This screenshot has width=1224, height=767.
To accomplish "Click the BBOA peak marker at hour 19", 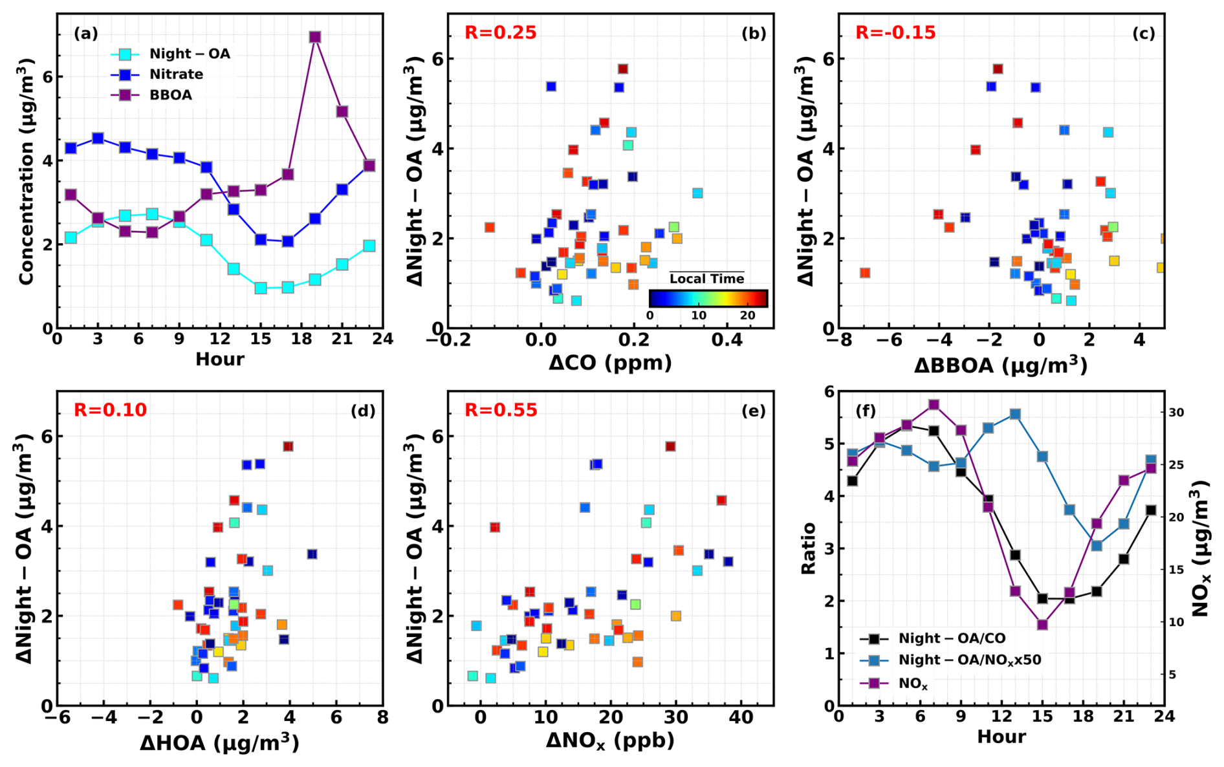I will tap(315, 37).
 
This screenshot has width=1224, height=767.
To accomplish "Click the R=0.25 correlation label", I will tap(500, 32).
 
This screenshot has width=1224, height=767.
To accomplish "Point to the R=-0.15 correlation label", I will tap(895, 32).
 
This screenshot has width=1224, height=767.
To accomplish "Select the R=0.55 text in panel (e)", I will tap(501, 410).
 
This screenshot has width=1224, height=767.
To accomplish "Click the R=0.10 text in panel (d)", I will tap(110, 410).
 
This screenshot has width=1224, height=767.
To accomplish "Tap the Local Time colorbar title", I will tap(706, 279).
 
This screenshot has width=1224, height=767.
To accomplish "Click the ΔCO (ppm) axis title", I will tap(610, 363).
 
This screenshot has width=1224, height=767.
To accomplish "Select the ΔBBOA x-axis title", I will tap(1000, 365).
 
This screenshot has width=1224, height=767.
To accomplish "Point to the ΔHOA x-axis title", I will tap(219, 743).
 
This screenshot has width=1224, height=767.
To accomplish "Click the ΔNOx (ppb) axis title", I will tap(610, 741).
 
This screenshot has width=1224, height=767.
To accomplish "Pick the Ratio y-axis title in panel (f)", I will tap(809, 548).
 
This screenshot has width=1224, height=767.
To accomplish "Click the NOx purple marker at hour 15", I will tap(1042, 625).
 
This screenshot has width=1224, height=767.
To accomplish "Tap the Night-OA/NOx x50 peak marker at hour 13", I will tap(1015, 414).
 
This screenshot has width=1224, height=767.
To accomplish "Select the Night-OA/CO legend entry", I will tap(951, 639).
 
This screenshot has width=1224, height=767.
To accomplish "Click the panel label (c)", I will tap(1143, 34).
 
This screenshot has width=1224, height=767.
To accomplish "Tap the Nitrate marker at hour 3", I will tap(98, 138).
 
